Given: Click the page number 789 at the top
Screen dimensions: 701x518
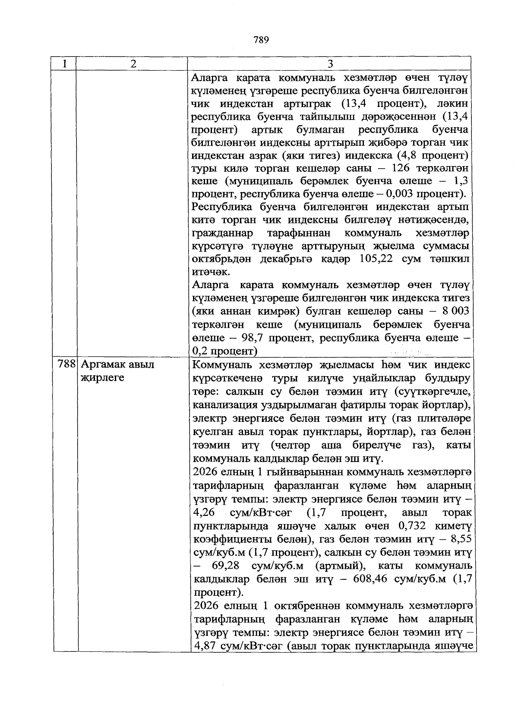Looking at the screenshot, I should (261, 41).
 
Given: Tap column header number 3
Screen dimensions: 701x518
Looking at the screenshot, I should (330, 64).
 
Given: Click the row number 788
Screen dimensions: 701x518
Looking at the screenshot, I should (67, 365).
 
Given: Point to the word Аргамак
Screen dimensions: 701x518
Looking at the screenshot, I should (102, 365).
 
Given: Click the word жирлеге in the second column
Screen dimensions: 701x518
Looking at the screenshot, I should (103, 378).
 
